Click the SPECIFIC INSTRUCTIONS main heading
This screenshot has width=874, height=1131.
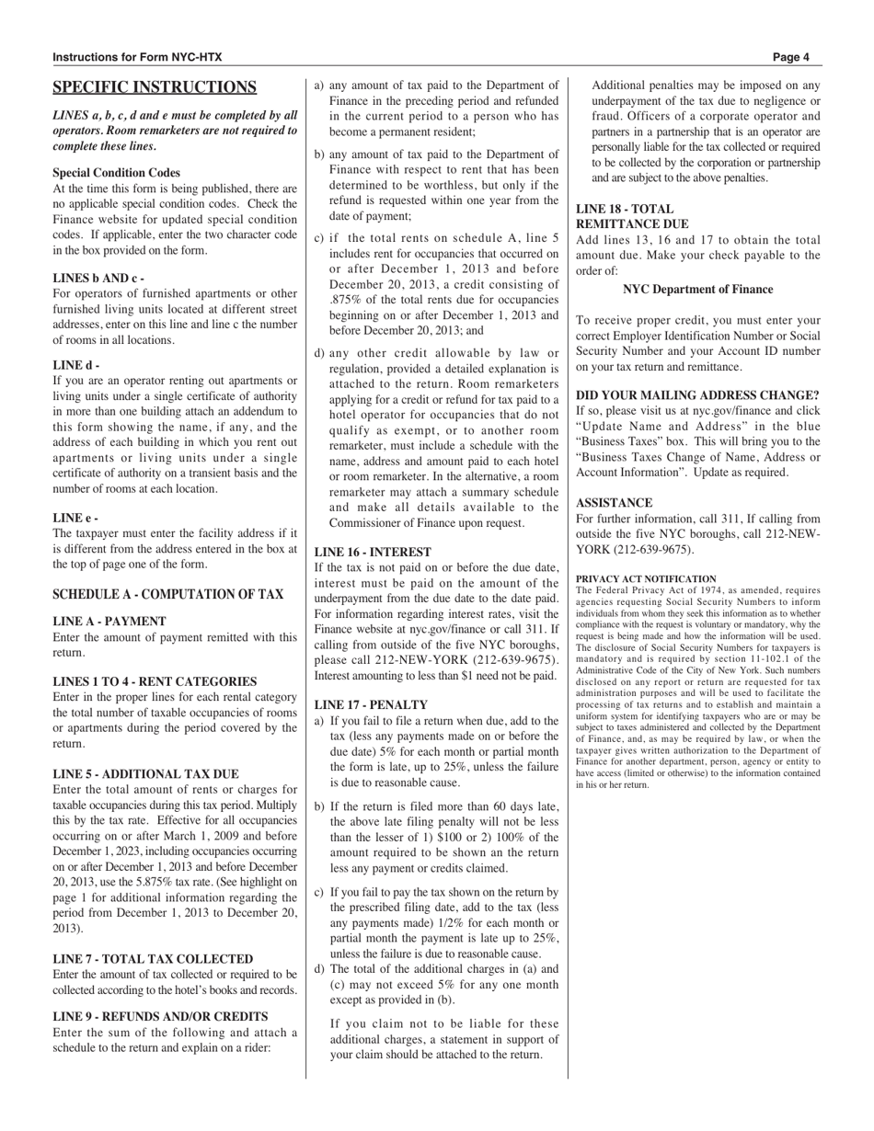155,87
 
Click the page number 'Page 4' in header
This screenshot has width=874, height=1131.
790,57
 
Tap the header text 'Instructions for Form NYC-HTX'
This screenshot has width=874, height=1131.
137,57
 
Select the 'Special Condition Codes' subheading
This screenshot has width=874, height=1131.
116,173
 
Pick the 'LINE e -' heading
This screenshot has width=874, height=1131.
75,518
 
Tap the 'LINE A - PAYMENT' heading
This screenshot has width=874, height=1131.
109,622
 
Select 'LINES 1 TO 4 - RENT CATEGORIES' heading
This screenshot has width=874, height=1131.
155,681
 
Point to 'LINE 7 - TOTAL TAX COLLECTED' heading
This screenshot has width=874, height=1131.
153,959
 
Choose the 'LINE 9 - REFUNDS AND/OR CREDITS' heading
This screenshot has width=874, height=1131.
160,1016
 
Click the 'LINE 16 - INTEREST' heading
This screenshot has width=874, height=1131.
373,552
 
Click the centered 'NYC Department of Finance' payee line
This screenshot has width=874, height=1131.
697,289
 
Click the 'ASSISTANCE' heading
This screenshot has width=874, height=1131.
614,503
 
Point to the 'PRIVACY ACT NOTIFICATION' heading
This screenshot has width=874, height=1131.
646,579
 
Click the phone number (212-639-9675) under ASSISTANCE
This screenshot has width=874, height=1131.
652,550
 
